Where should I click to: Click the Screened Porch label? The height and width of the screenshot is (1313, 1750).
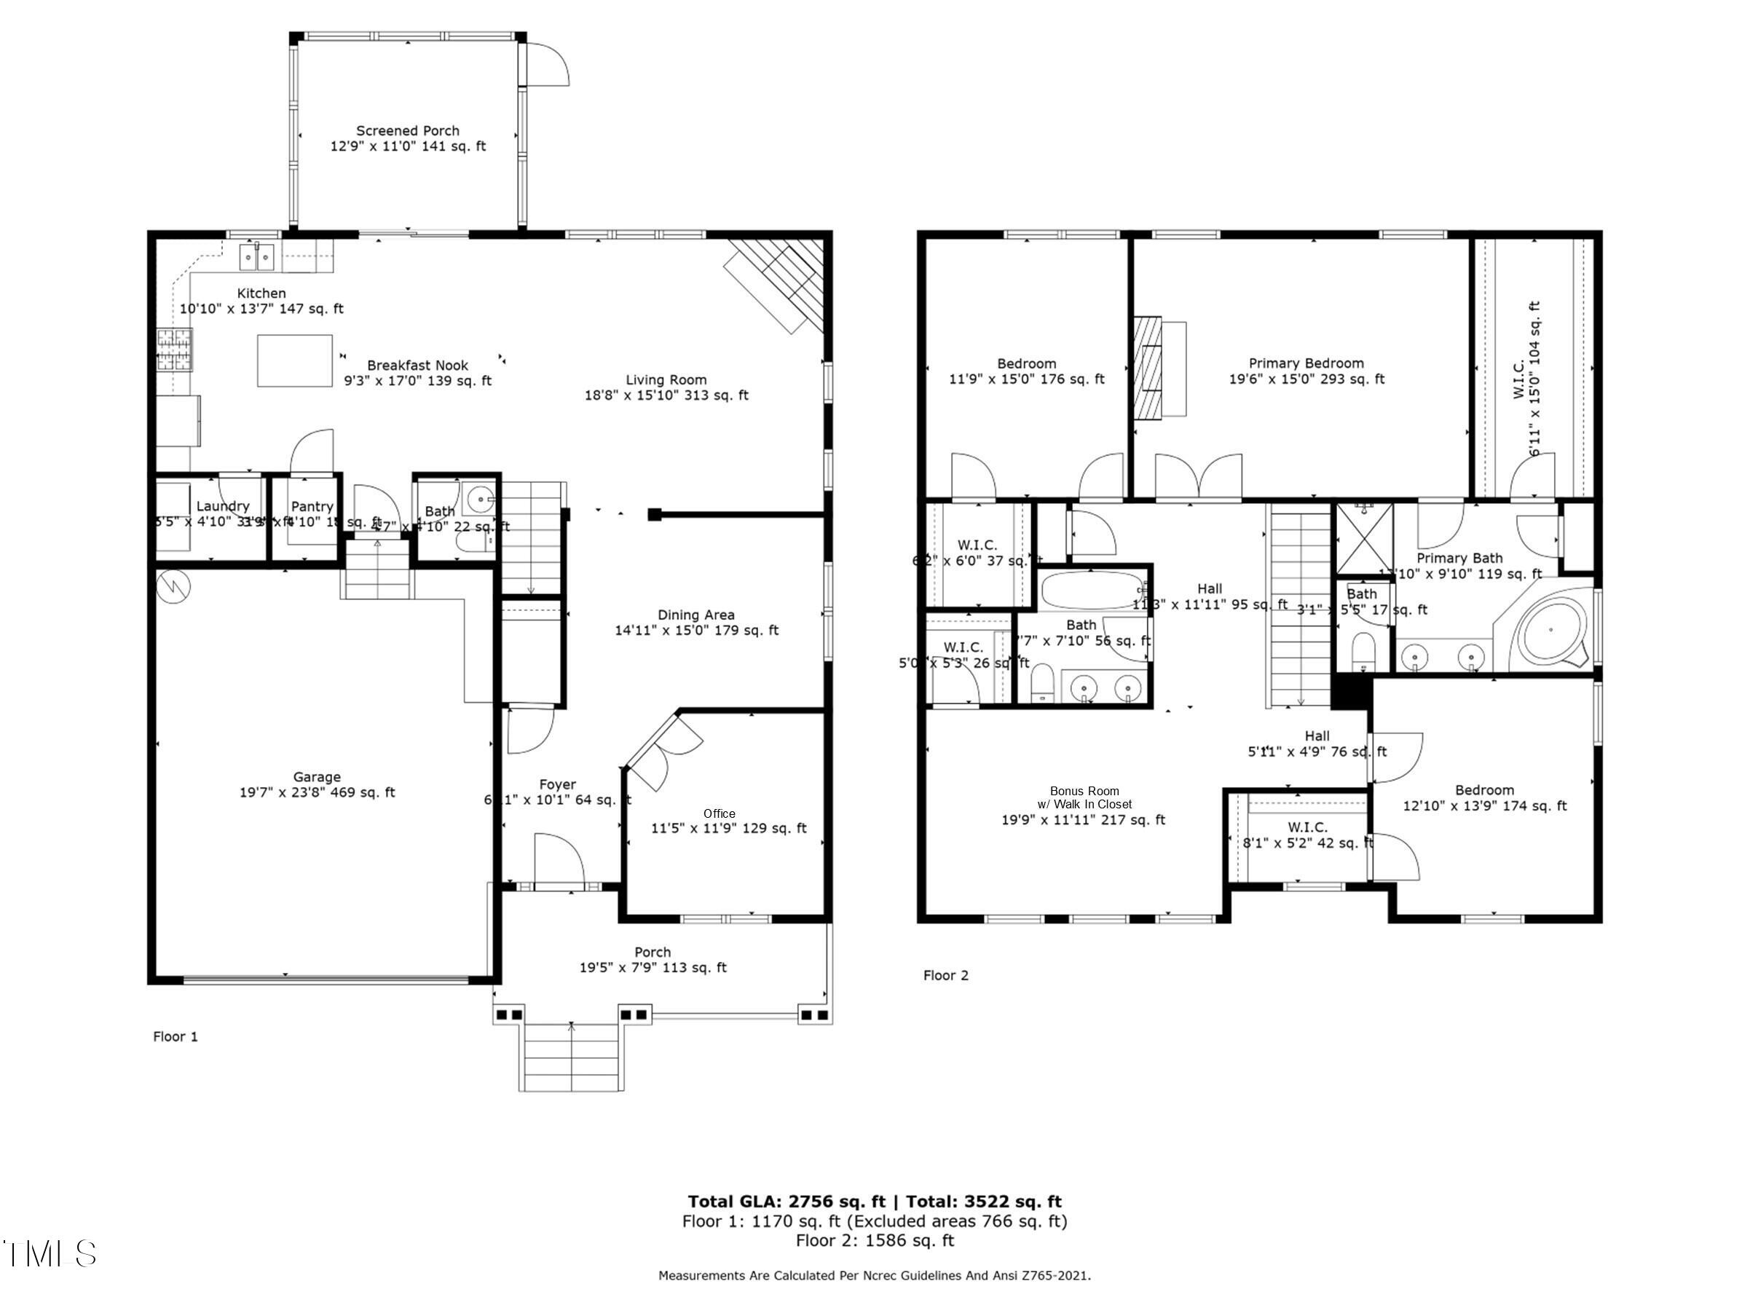(x=407, y=131)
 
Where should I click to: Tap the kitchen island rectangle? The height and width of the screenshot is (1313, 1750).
(x=294, y=360)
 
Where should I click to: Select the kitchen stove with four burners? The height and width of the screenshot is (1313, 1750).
(x=174, y=350)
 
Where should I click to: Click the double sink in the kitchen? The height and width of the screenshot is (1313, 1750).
(x=257, y=256)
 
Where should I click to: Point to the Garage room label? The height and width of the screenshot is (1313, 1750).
(x=317, y=778)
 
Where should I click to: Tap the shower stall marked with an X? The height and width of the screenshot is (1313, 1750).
(x=1364, y=538)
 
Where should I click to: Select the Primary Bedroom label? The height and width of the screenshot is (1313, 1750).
(x=1306, y=364)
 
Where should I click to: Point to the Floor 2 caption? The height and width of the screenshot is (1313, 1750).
(x=945, y=975)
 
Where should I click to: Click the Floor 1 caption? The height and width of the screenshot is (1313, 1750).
(x=176, y=1036)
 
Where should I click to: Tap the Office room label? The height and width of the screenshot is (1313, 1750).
(x=719, y=814)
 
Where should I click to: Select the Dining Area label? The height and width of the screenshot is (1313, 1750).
(x=696, y=615)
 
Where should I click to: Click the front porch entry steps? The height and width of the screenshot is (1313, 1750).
(x=571, y=1057)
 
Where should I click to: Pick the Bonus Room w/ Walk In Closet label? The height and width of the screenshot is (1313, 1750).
(x=1084, y=797)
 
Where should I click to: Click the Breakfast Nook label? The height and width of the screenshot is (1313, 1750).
(x=418, y=366)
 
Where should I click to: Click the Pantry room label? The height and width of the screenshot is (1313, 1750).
(x=312, y=506)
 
